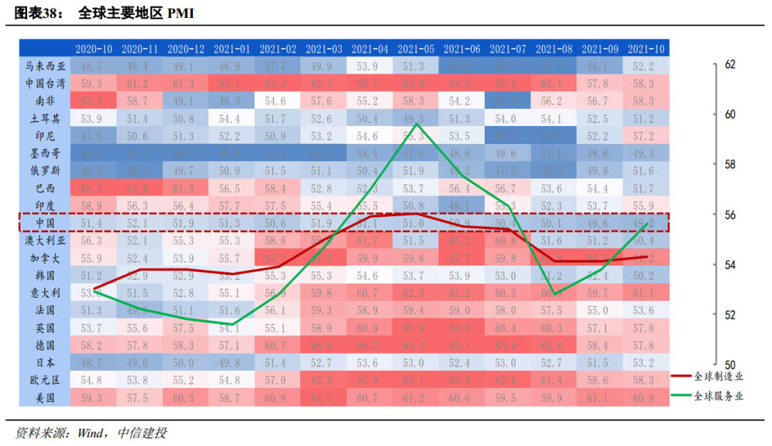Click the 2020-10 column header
[94, 49]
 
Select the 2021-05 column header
[416, 49]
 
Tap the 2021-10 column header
[646, 49]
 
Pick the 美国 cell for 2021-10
[646, 397]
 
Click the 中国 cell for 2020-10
[94, 223]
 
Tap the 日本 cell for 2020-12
[186, 362]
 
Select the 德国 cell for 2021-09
[600, 344]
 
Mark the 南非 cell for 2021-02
[278, 101]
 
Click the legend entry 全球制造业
[717, 376]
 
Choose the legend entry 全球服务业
[717, 396]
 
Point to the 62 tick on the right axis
[730, 64]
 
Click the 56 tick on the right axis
[730, 215]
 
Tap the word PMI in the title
[180, 14]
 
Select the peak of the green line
[416, 124]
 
